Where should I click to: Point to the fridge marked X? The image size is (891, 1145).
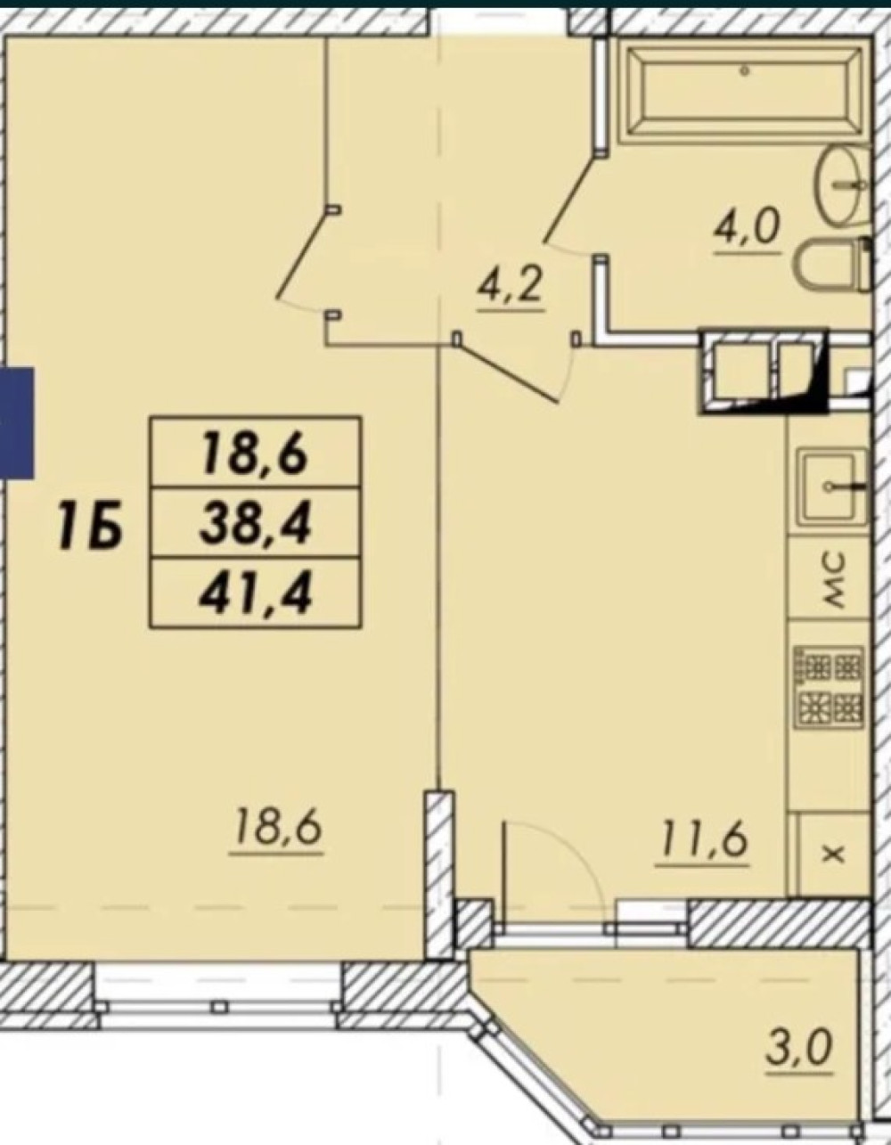[832, 855]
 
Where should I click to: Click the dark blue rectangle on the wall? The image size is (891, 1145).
[17, 423]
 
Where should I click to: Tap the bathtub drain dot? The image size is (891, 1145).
[744, 70]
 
